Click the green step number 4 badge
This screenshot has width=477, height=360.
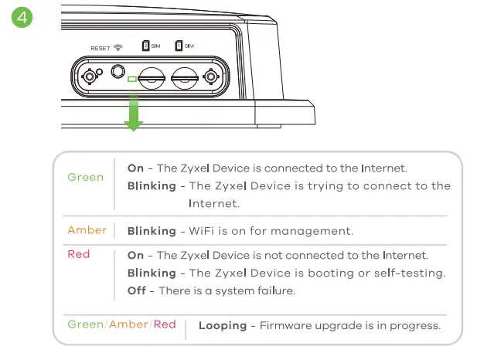pyautogui.click(x=24, y=18)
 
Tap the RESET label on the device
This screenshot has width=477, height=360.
pyautogui.click(x=100, y=48)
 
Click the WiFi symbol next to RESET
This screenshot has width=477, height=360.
pyautogui.click(x=118, y=48)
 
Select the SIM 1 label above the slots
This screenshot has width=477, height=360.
pyautogui.click(x=184, y=46)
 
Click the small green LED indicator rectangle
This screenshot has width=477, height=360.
pyautogui.click(x=133, y=78)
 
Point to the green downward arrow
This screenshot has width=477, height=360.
pyautogui.click(x=134, y=110)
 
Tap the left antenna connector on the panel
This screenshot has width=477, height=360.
pyautogui.click(x=91, y=77)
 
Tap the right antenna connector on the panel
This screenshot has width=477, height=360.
pyautogui.click(x=210, y=77)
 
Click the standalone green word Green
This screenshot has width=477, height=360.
pyautogui.click(x=85, y=178)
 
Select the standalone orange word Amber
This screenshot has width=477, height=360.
pyautogui.click(x=87, y=230)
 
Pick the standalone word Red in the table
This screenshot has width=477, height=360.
pyautogui.click(x=78, y=254)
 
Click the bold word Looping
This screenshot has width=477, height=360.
pyautogui.click(x=222, y=325)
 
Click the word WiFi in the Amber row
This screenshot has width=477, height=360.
pyautogui.click(x=202, y=231)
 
